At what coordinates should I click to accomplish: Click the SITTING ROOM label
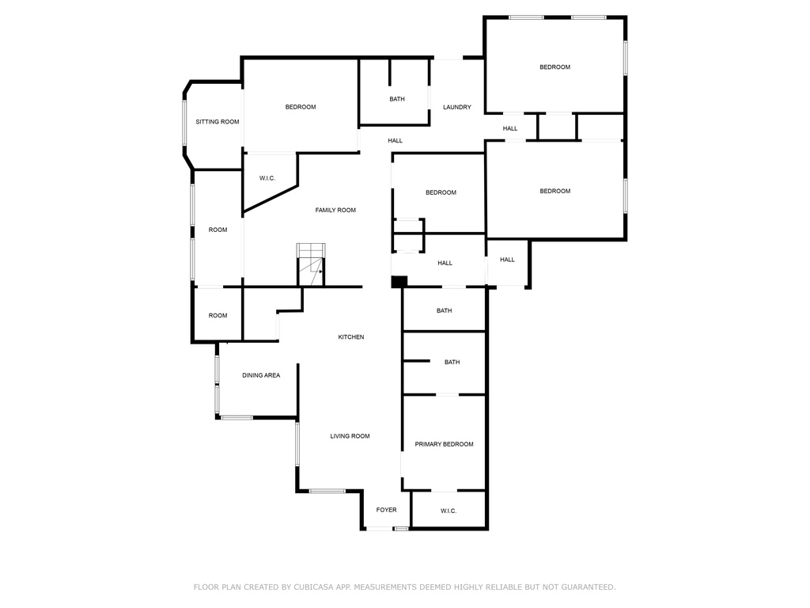[218, 122]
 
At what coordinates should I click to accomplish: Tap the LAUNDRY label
[457, 108]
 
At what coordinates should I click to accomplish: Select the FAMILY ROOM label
[335, 211]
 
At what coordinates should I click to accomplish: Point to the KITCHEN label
[351, 337]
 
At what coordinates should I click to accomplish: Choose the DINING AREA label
[261, 375]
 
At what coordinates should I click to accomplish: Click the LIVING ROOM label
[350, 436]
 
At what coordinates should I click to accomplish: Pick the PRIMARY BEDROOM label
[445, 444]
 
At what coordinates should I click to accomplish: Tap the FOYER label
[386, 510]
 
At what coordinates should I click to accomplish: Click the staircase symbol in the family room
[311, 264]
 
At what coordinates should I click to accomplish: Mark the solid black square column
[399, 282]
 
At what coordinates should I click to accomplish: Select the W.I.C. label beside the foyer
[449, 511]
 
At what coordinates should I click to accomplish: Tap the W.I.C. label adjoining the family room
[267, 178]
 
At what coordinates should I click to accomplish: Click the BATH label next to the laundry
[397, 99]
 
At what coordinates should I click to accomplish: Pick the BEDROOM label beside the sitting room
[301, 107]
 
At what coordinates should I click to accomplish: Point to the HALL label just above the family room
[396, 141]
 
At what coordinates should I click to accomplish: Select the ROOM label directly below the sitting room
[218, 230]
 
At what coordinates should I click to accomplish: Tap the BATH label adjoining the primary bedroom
[452, 363]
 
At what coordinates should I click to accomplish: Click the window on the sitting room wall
[184, 123]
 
